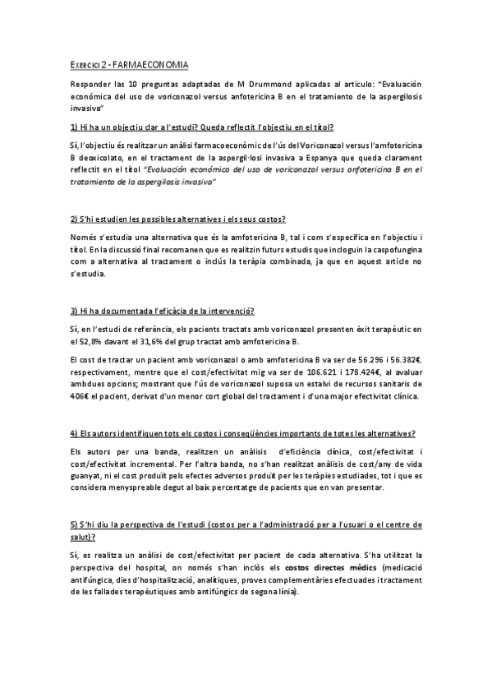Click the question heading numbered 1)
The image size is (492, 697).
(202, 127)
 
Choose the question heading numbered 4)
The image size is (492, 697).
(242, 433)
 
